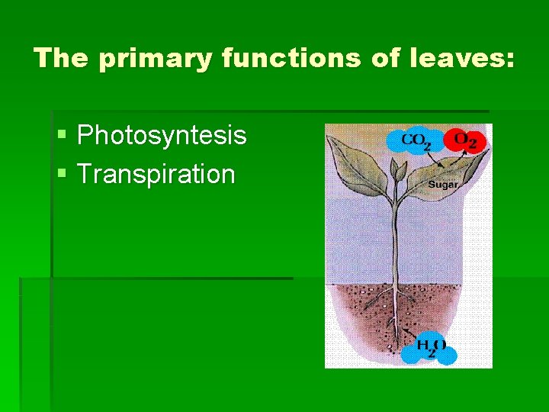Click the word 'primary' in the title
pos(154,59)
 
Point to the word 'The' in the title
pos(62,59)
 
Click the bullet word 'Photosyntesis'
pos(162,136)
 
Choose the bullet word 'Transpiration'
pos(156,174)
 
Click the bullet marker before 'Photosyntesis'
pos(62,137)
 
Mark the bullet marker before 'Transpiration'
pos(62,175)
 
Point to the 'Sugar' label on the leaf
pos(443,185)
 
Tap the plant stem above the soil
pos(394,244)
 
